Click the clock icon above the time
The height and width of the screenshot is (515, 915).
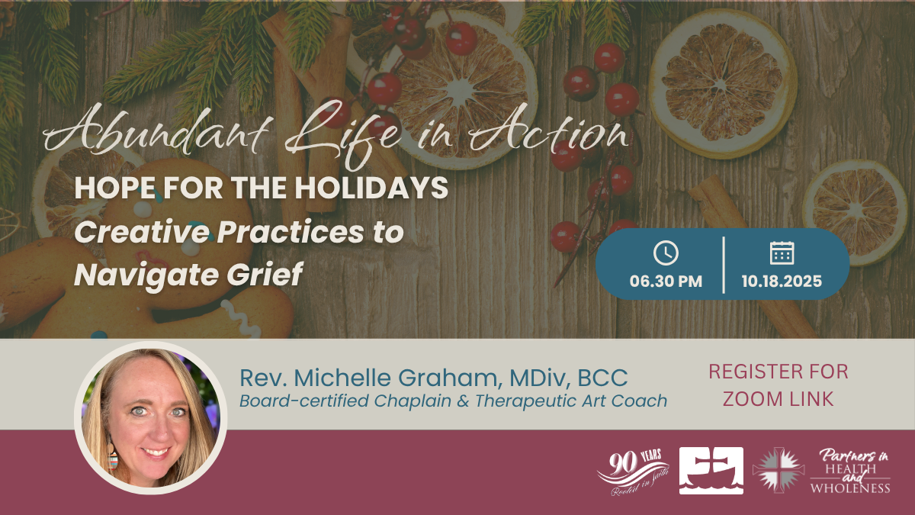click(x=666, y=253)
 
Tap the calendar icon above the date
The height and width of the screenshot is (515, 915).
click(x=782, y=253)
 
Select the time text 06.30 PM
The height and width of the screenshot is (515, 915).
click(x=666, y=282)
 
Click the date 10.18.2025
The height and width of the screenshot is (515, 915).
click(x=782, y=282)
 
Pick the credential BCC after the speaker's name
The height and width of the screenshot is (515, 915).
click(x=602, y=378)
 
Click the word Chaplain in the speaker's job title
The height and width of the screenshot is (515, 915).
click(x=413, y=401)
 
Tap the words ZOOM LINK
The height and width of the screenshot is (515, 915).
click(x=778, y=399)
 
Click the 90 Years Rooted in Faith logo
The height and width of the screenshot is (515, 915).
click(x=633, y=472)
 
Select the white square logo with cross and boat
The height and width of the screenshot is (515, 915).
click(x=711, y=471)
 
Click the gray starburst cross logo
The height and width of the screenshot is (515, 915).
click(x=779, y=470)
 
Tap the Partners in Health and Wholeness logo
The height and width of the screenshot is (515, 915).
click(x=850, y=471)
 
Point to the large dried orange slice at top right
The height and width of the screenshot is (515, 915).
click(x=723, y=84)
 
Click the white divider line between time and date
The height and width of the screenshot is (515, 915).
click(x=724, y=265)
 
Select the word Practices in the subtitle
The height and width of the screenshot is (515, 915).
click(x=290, y=232)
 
